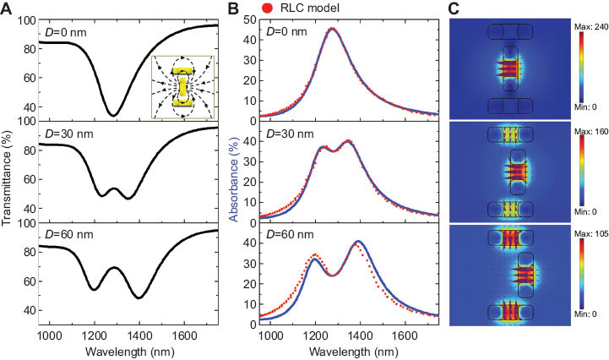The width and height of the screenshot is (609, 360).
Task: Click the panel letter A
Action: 8,8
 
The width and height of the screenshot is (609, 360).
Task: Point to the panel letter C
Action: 454,8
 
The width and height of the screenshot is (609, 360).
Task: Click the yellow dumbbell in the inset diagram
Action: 183,86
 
